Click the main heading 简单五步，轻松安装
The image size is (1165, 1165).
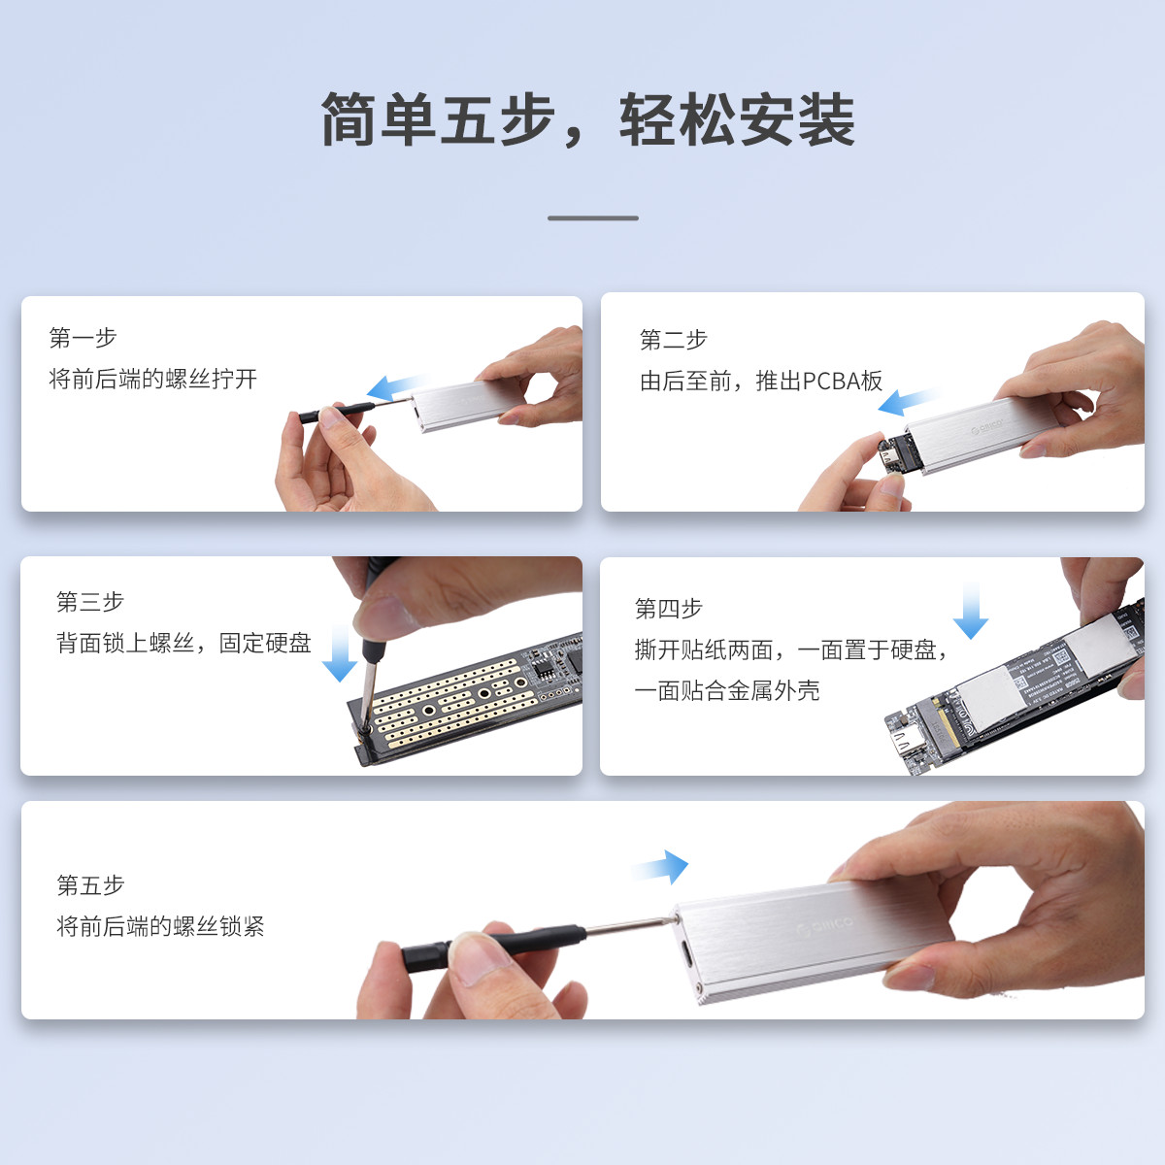[x=587, y=119]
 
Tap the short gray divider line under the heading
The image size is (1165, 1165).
[x=592, y=217]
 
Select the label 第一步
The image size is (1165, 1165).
[x=83, y=337]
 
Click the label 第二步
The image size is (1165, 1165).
[x=674, y=340]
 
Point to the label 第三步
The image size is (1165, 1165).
[x=90, y=602]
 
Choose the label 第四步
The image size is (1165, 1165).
[x=669, y=608]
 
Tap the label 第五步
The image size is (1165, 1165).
[x=90, y=885]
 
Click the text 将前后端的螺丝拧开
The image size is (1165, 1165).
[x=153, y=379]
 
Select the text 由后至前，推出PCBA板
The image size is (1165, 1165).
[x=761, y=381]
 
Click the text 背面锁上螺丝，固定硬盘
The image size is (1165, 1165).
[x=183, y=643]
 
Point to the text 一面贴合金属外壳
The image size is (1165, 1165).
[x=727, y=690]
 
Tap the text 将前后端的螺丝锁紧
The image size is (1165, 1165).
[x=161, y=926]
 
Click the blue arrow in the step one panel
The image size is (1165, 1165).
[x=396, y=387]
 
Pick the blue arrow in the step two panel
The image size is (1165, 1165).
[x=907, y=401]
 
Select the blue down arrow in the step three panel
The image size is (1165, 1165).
[x=340, y=653]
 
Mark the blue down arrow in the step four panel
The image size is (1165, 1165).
[x=971, y=611]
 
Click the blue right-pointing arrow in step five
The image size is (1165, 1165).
[x=660, y=868]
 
